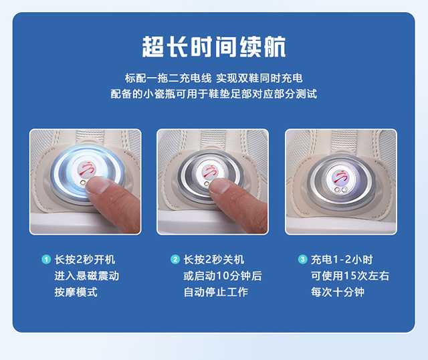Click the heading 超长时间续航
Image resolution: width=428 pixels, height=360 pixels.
(214, 47)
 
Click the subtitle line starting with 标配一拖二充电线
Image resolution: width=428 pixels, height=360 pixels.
(214, 78)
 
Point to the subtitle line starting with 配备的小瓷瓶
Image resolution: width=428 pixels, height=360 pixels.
(214, 94)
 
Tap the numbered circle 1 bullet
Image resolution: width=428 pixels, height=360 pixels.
(46, 259)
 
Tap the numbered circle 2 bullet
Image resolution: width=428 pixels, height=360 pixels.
(175, 259)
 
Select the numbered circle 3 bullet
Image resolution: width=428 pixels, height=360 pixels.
(302, 259)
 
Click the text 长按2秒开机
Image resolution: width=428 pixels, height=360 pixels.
(85, 260)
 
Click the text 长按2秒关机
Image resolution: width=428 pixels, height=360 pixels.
(214, 260)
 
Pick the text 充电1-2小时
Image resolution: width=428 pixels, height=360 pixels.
(342, 260)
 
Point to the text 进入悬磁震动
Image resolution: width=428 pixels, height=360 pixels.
(87, 276)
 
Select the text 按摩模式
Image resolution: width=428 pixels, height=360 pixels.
(76, 292)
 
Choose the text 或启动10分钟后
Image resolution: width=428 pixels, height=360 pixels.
(223, 276)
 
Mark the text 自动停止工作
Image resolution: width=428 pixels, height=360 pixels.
(215, 292)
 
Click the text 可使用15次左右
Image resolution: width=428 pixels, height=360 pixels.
(350, 276)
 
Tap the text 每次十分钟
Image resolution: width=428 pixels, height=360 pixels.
(338, 292)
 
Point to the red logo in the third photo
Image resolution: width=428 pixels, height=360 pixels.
(341, 177)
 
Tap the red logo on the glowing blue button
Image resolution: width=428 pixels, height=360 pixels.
(87, 169)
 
